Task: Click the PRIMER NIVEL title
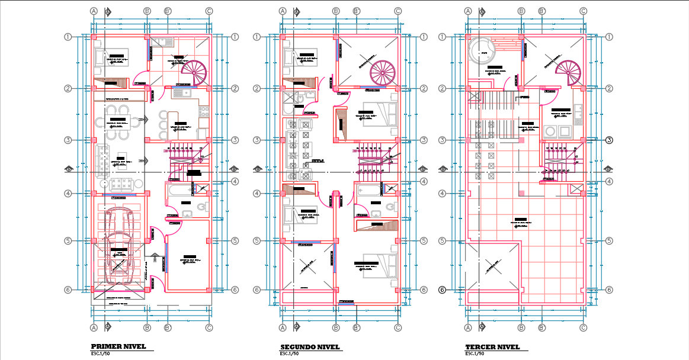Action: (118, 346)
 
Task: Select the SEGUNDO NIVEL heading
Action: (309, 346)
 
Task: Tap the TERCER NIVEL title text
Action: (492, 346)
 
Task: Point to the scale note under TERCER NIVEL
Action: (475, 353)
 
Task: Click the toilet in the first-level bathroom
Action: (201, 207)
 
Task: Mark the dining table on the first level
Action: (118, 123)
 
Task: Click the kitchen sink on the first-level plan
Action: (180, 92)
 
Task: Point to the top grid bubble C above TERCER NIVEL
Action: (583, 11)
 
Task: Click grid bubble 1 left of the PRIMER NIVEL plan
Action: (68, 37)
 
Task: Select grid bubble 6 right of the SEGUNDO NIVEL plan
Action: (424, 290)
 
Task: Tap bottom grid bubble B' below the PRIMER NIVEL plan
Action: (168, 327)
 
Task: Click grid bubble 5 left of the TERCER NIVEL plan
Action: (441, 241)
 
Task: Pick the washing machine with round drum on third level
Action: (551, 131)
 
